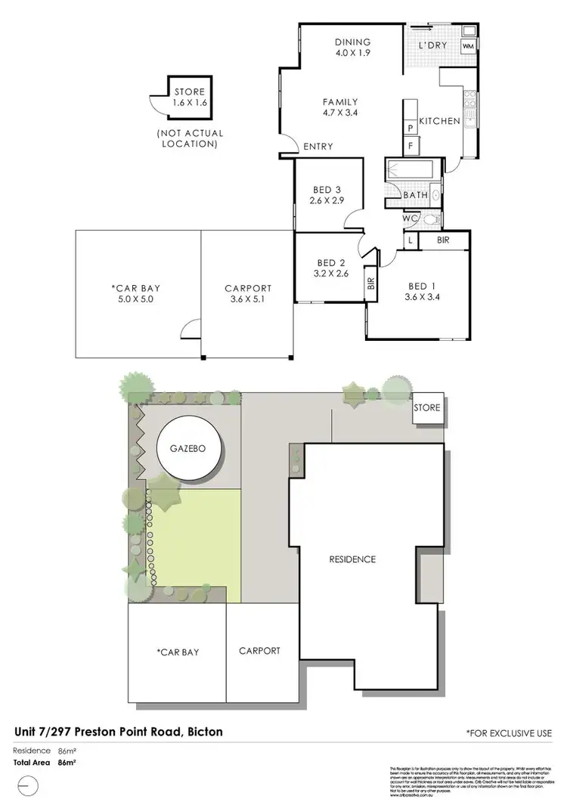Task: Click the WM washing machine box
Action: point(468,46)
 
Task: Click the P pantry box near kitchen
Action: point(411,129)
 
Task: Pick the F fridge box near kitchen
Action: point(411,144)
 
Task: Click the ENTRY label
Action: point(318,147)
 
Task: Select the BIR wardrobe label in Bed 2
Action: point(370,283)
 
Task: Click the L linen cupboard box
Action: point(409,240)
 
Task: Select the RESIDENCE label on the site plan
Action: point(352,559)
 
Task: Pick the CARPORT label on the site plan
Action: point(259,651)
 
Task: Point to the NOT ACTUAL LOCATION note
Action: point(190,138)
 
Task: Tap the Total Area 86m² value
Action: point(70,763)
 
